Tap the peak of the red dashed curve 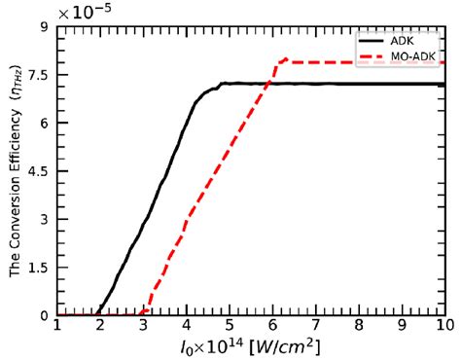coord(285,58)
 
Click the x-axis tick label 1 coord(57,324)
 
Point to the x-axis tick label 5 coord(230,324)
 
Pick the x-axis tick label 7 coord(316,324)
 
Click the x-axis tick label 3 coord(144,324)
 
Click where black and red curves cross coord(267,83)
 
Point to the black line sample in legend coord(373,41)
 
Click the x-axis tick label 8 coord(359,324)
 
